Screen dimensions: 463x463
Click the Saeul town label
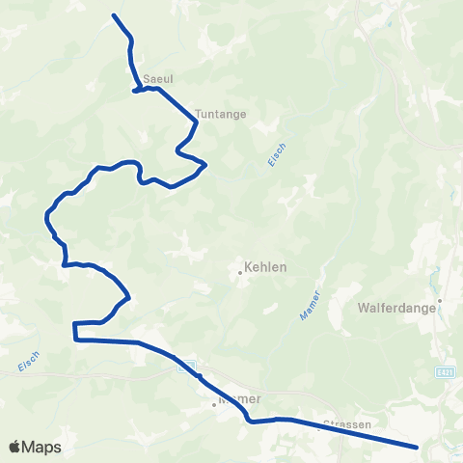[x=156, y=80]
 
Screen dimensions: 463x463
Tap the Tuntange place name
[x=220, y=113]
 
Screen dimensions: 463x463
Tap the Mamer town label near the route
[x=240, y=397]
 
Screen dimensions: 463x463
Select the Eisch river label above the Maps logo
[x=30, y=361]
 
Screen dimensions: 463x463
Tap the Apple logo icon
[x=16, y=447]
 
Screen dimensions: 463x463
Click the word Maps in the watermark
[x=42, y=447]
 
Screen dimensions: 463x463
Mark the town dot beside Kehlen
[x=240, y=272]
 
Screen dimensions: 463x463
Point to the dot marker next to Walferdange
[x=439, y=300]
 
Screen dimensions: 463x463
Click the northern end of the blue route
[x=115, y=15]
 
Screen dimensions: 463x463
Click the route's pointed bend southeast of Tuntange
[x=205, y=166]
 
